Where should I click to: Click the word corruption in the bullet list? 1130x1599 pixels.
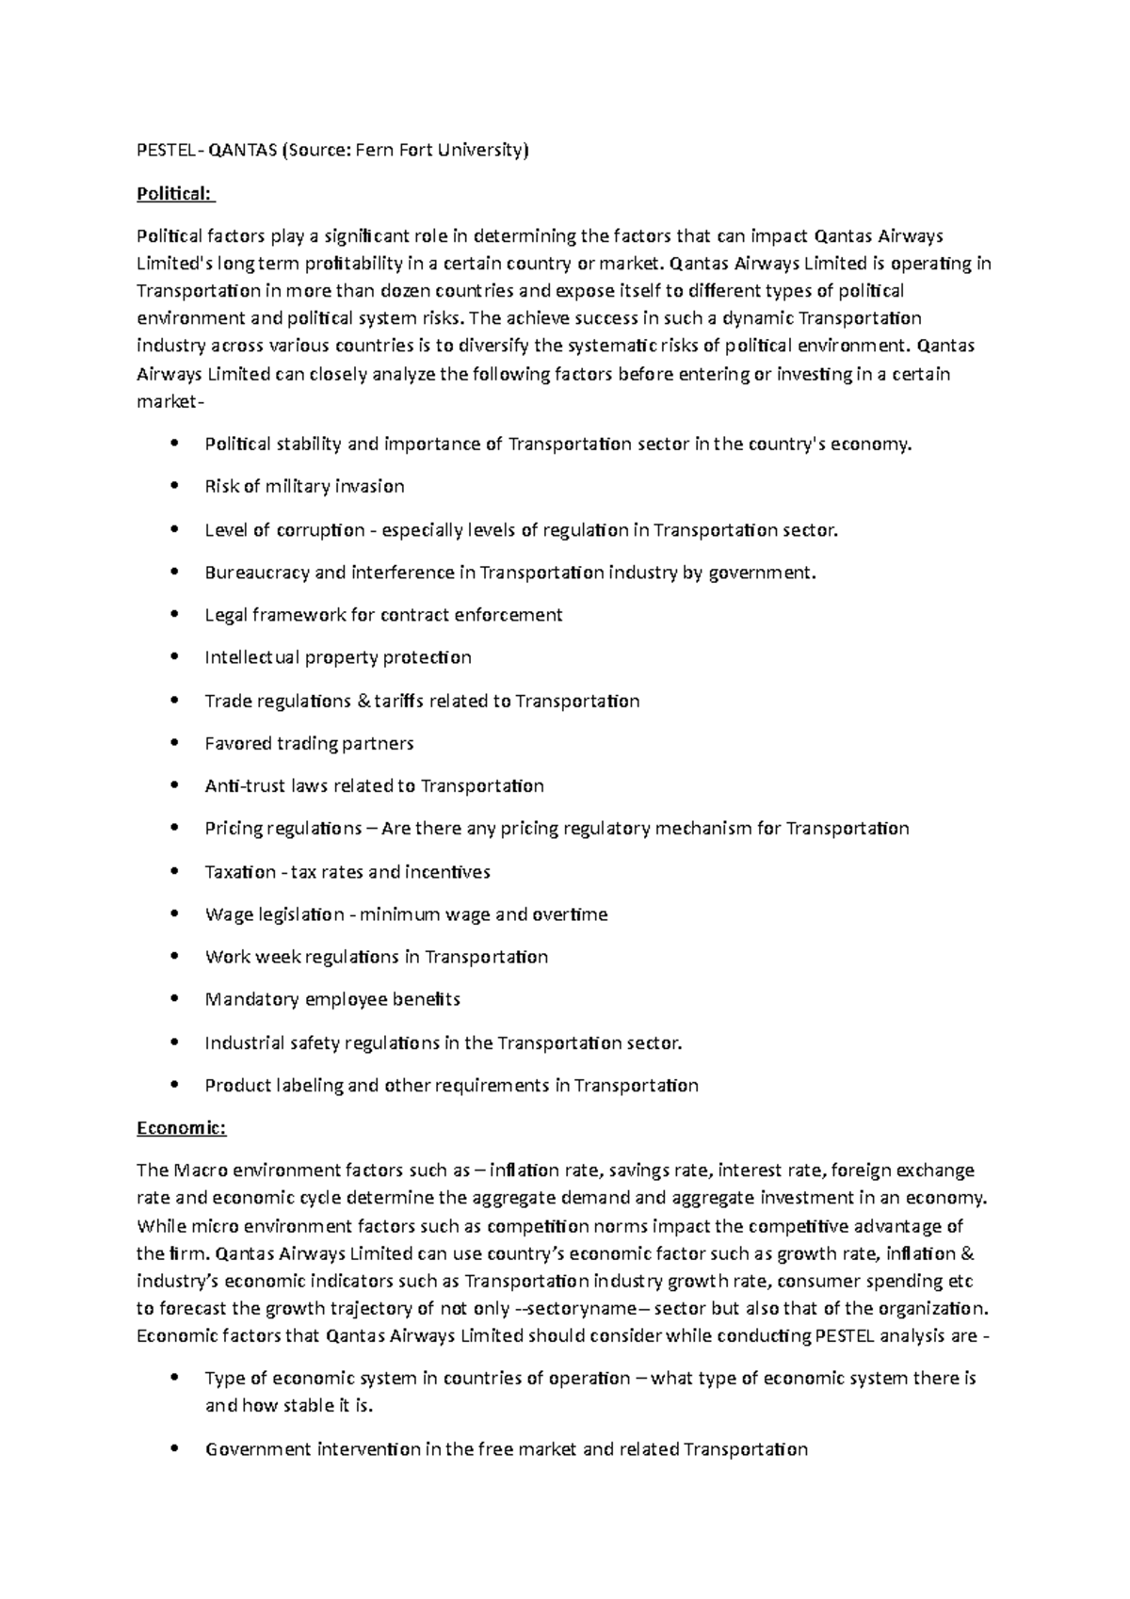coord(320,530)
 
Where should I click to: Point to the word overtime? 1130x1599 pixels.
coord(571,914)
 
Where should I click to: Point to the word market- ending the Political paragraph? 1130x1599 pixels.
coord(169,402)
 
